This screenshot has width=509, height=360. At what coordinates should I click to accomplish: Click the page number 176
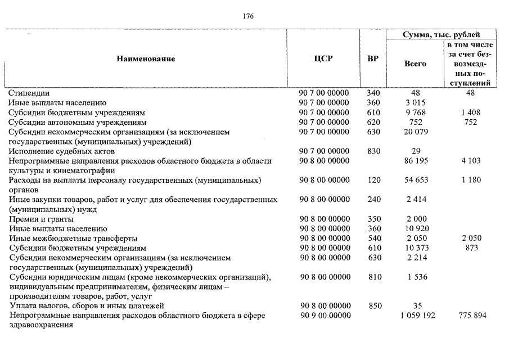pos(248,16)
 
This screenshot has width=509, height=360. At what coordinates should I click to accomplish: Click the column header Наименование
pos(146,59)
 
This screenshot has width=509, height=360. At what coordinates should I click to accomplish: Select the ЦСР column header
pos(323,59)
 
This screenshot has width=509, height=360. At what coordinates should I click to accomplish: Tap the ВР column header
pos(372,59)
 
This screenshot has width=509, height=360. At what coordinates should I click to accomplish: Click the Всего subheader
pos(416,64)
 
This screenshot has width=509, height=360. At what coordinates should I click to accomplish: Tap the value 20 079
pos(416,132)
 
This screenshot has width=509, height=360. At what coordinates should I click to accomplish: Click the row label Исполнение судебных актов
pos(61,151)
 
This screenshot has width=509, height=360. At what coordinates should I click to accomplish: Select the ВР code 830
pos(373,151)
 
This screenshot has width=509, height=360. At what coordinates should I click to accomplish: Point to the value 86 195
pos(416,161)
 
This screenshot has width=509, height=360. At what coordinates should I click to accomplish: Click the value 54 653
pos(416,180)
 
